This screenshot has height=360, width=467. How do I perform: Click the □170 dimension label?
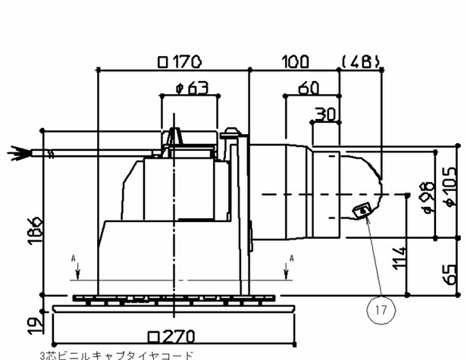(x=174, y=61)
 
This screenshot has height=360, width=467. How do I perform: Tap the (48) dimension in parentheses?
(x=359, y=61)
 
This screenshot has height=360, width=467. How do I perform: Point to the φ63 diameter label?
(x=190, y=88)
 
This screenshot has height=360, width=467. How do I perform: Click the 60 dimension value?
(x=308, y=88)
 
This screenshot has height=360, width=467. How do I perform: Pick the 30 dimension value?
(x=325, y=114)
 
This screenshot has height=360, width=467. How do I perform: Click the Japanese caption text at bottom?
(x=115, y=354)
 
